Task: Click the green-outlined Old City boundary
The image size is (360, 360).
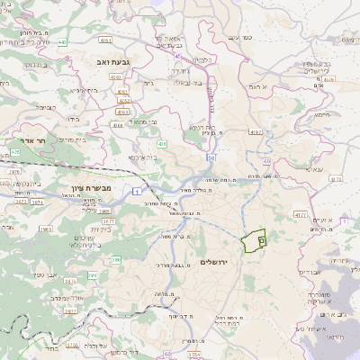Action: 254,240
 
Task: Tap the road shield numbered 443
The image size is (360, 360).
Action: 60,41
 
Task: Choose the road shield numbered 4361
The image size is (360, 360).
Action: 106,40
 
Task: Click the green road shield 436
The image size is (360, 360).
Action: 161,143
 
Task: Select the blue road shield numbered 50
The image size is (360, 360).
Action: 210,157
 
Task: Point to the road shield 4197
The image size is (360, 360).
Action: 256,132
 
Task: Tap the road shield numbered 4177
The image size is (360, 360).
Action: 299,215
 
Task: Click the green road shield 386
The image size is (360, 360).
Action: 116,260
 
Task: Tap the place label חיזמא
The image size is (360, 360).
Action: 311,138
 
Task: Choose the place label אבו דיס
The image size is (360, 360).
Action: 309,270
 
